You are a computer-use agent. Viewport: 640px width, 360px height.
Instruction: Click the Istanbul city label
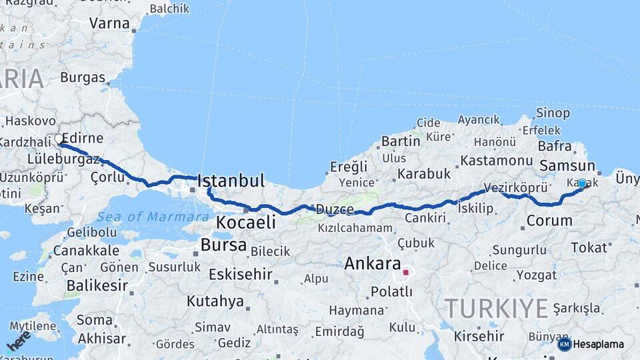click(231, 181)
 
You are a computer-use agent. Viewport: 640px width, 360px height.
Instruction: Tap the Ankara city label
click(372, 263)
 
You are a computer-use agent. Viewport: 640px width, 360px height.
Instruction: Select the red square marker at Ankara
click(405, 272)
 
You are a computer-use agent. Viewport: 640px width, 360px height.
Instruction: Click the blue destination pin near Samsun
click(582, 183)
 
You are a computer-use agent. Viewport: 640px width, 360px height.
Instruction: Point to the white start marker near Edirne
click(59, 139)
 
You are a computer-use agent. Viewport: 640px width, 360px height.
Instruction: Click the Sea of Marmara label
click(153, 217)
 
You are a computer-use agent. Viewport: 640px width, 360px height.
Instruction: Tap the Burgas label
click(83, 77)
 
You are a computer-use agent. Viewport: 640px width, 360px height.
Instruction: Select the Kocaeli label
click(246, 223)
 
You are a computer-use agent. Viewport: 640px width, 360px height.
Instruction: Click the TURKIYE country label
click(496, 309)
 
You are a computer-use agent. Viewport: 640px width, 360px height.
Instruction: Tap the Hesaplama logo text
click(598, 344)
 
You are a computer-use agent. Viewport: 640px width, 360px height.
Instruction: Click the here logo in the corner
click(18, 341)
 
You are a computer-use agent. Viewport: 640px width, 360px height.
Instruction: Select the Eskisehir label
click(240, 274)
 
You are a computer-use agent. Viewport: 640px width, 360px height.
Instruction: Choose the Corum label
click(549, 220)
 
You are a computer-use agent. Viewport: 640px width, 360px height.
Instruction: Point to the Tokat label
click(589, 247)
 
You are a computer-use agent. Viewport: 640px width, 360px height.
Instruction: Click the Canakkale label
click(86, 251)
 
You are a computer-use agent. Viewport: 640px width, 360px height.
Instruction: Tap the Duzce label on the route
click(335, 209)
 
